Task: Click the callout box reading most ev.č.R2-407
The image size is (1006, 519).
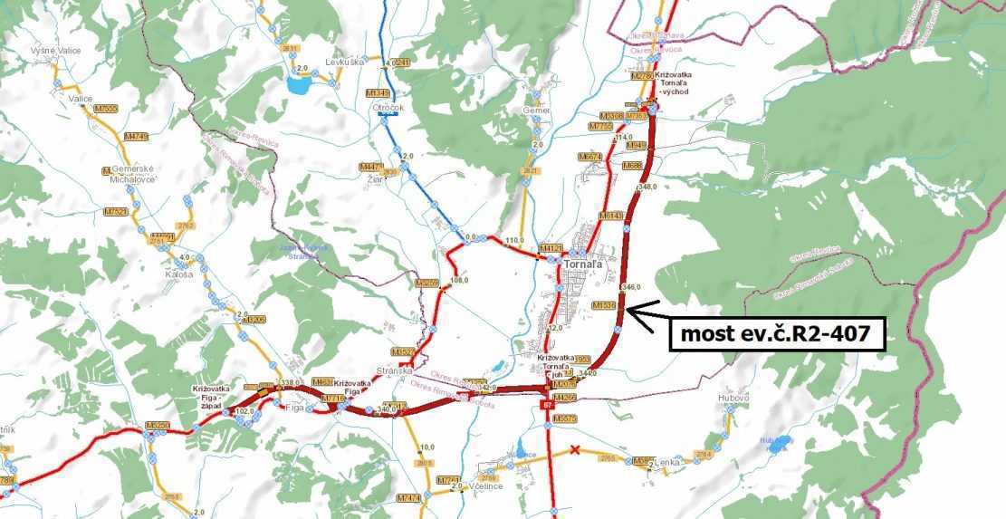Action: (775, 334)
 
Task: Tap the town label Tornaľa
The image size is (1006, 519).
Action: (580, 264)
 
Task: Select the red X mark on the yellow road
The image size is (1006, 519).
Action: (575, 450)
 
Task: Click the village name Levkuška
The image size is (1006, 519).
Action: (345, 62)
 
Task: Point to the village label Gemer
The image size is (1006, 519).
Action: (537, 110)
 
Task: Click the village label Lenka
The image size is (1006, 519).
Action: (666, 462)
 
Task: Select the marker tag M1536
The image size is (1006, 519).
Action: (603, 306)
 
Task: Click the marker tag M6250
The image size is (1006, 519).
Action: (157, 425)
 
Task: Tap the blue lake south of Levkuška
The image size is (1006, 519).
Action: (298, 85)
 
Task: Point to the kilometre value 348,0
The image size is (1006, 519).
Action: (647, 187)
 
